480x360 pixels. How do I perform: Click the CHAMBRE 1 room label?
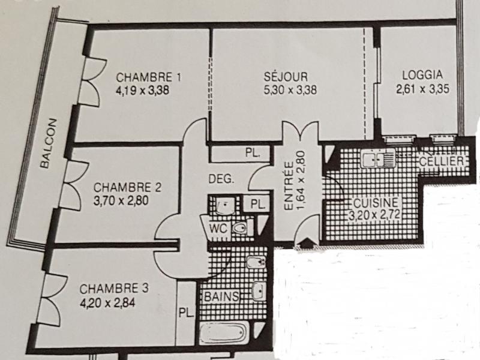point(148,77)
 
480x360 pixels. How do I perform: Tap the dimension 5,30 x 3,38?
point(290,90)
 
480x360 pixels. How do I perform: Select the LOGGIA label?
point(422,75)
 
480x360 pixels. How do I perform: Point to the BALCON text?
point(49,143)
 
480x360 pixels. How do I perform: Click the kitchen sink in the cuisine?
point(378,158)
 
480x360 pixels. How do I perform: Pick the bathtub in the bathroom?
point(224,333)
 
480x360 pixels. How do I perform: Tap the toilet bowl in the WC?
point(240,228)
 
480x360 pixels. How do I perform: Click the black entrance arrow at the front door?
point(305,243)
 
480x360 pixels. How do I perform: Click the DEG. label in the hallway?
point(221,179)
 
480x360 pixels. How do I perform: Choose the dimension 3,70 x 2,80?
point(121,201)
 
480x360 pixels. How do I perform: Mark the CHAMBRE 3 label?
point(114,289)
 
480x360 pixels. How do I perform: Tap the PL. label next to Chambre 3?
point(187,313)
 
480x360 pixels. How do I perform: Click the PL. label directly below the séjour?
point(253,153)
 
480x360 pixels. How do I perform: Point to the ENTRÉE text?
point(289,186)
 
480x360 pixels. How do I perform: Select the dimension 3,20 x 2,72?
point(374,215)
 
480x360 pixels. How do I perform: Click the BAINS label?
point(221,296)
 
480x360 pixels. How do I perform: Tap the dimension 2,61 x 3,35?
point(423,89)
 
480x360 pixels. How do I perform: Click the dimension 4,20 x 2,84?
point(107,303)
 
